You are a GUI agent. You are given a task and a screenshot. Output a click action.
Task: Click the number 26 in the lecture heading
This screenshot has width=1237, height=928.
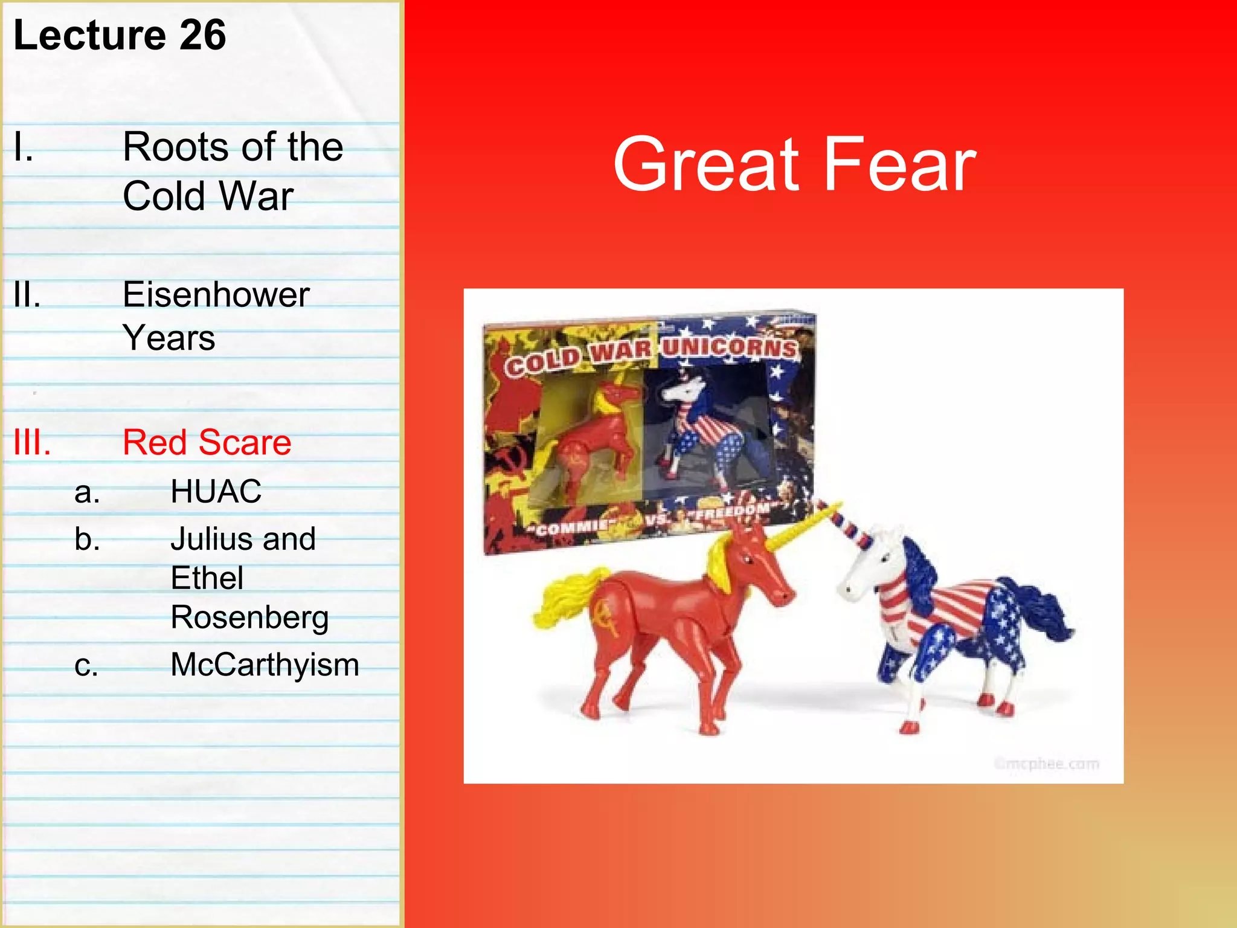[203, 35]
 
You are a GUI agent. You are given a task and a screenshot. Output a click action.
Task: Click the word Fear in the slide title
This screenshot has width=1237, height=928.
[899, 165]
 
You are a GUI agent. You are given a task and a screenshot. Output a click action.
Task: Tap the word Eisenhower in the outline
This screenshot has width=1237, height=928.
[216, 295]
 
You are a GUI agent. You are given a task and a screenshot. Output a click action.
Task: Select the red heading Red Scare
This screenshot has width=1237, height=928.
[207, 442]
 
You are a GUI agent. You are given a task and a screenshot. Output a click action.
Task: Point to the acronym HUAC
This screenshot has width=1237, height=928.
[216, 491]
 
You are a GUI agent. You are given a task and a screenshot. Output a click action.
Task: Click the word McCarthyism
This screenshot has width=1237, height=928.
[265, 665]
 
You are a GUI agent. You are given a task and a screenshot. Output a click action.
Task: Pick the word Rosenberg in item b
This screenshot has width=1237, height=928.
[249, 617]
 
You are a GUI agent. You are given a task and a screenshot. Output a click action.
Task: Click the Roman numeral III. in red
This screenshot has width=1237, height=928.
[32, 442]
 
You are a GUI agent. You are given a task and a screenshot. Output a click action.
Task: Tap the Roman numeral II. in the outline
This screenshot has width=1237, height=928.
[27, 296]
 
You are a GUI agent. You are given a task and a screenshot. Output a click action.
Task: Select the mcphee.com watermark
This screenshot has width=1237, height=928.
[1046, 764]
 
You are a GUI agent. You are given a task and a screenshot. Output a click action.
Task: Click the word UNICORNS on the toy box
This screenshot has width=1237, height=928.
[730, 347]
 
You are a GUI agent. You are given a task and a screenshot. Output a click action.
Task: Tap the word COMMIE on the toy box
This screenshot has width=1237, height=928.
[571, 528]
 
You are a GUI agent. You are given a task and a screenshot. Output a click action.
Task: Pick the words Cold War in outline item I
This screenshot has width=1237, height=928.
[208, 196]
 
